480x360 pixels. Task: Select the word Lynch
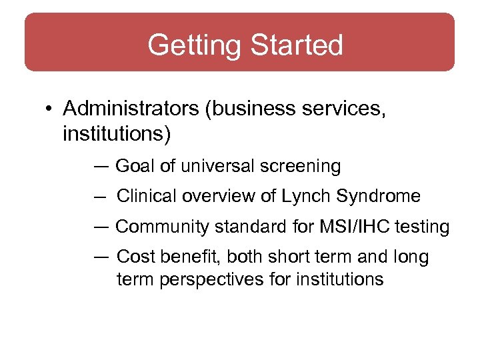coord(307,197)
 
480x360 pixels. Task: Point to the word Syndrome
coord(379,197)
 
